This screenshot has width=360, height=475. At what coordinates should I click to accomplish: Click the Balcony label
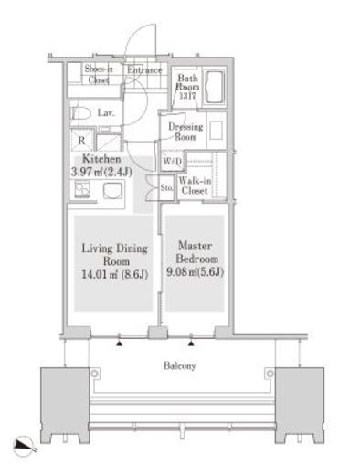(179, 365)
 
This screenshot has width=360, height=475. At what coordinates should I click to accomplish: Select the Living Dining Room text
(115, 255)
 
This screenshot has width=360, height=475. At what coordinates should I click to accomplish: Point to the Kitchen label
(101, 159)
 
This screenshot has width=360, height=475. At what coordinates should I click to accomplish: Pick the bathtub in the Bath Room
(215, 87)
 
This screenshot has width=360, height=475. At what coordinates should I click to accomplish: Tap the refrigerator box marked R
(81, 140)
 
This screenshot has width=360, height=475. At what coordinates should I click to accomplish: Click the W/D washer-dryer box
(173, 161)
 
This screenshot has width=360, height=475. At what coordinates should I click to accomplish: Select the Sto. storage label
(166, 187)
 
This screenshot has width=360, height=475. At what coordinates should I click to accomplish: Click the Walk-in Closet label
(195, 185)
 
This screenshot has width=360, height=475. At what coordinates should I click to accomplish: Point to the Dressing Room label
(185, 132)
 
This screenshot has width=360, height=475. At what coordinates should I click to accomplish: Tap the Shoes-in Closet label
(99, 75)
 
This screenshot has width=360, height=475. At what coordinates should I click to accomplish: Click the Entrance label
(144, 70)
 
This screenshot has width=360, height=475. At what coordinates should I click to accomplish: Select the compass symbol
(25, 446)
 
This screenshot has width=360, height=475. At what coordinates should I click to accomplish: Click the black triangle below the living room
(119, 343)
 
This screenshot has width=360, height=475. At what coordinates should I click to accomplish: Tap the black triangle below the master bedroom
(191, 343)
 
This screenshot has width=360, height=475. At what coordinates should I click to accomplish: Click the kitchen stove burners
(82, 190)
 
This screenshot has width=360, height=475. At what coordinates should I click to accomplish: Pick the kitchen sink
(112, 191)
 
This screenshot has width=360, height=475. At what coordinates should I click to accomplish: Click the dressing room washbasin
(217, 131)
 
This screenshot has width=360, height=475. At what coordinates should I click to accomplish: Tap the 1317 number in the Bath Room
(187, 96)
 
